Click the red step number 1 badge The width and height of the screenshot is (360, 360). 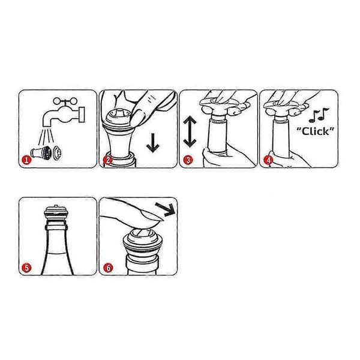tap(26, 160)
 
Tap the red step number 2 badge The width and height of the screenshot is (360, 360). tap(107, 160)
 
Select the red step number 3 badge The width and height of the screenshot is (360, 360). tap(188, 160)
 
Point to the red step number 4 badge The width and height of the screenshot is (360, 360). tap(268, 160)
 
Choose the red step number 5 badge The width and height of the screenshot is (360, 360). tap(26, 268)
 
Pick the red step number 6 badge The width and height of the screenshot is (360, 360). tap(108, 268)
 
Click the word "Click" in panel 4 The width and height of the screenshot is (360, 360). tap(315, 131)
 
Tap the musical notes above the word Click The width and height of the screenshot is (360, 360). tap(319, 115)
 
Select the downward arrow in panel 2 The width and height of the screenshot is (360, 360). tap(152, 143)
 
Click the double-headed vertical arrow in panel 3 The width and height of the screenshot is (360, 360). tap(190, 131)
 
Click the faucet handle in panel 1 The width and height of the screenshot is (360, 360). tap(65, 101)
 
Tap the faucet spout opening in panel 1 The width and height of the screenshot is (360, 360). tap(47, 125)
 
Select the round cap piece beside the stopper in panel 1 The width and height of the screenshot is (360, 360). tap(57, 152)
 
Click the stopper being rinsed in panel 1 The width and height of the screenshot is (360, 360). tap(41, 152)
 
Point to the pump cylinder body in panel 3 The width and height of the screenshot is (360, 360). tap(218, 136)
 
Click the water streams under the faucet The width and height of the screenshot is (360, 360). tap(46, 137)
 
